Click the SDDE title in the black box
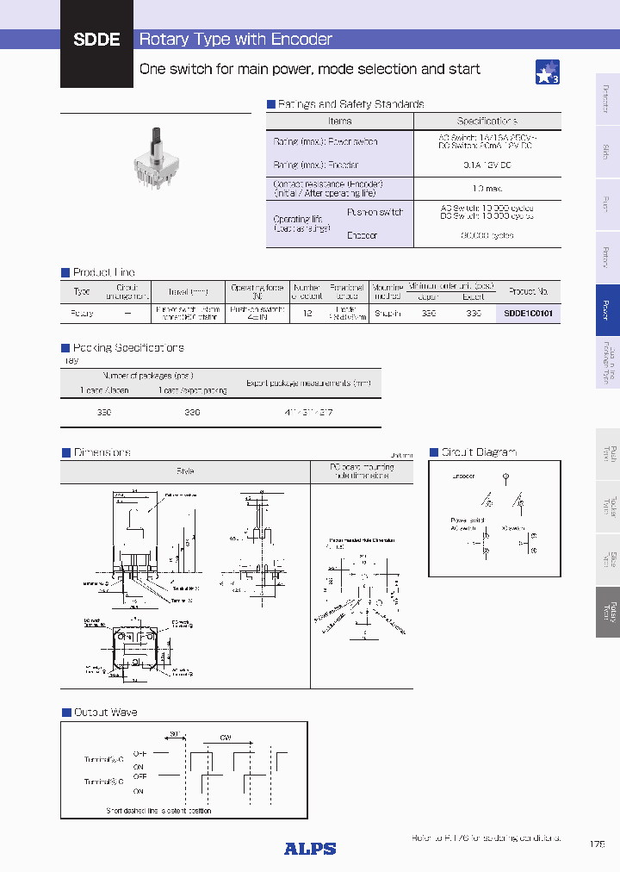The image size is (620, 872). pos(96,40)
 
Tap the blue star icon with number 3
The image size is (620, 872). pos(548,72)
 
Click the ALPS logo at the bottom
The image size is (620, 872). pos(310,849)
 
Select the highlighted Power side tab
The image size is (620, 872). pos(607,309)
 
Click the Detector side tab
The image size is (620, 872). pos(607,98)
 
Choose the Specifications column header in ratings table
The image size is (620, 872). pos(487,121)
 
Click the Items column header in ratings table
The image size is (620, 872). pos(340,121)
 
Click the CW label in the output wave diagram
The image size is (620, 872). pos(226,738)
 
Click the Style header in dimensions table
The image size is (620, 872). pos(185,471)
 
